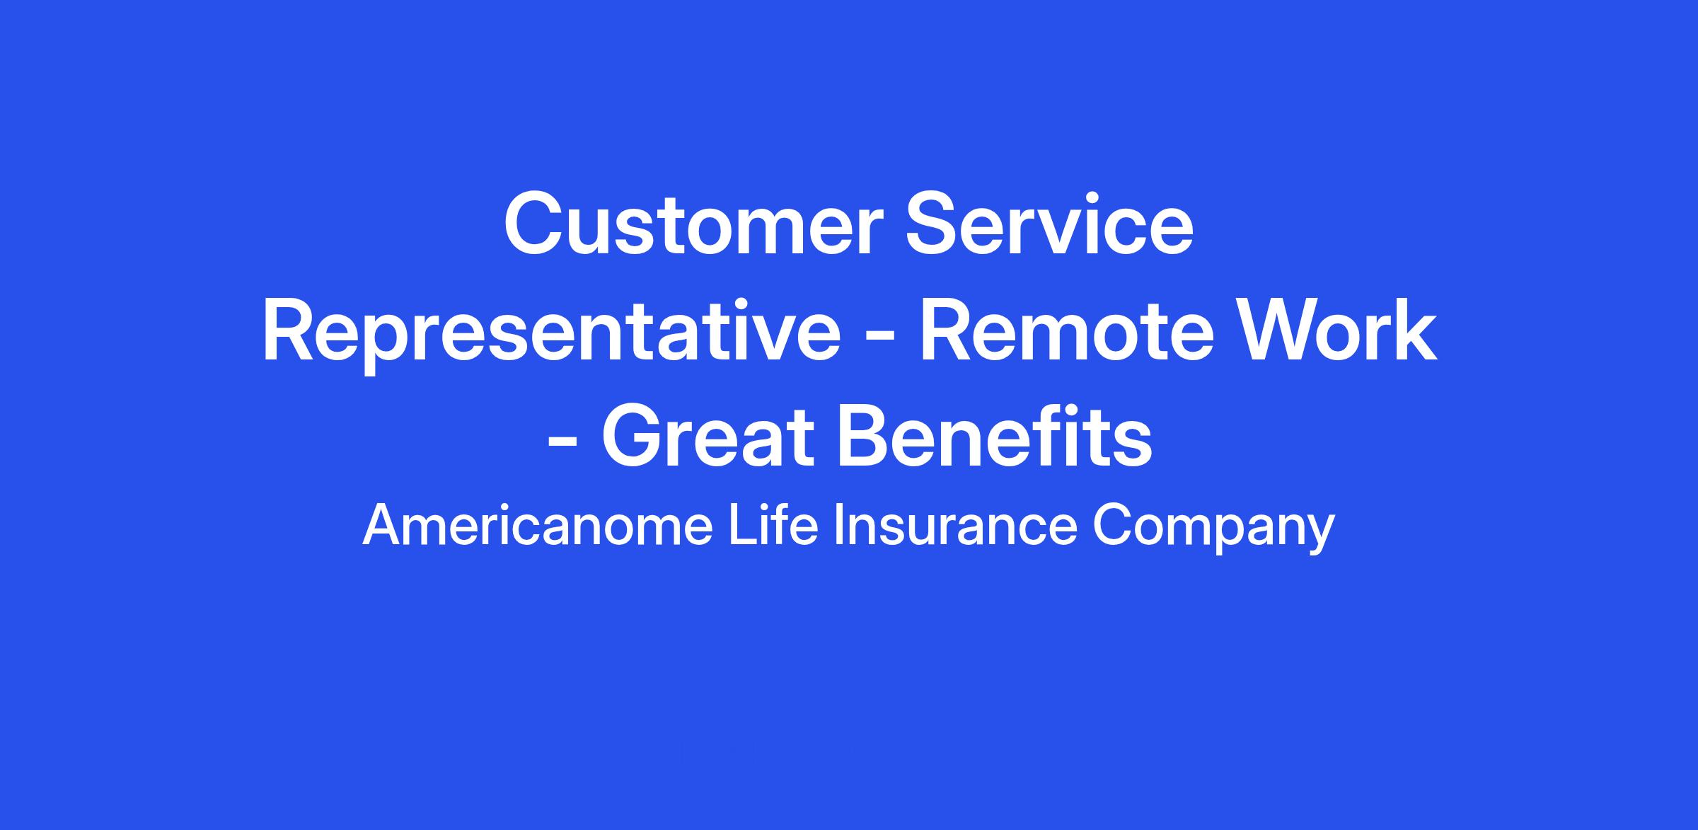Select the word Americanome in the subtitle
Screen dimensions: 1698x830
pos(538,526)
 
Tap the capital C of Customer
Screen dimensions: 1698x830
pos(535,224)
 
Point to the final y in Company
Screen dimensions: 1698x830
pos(1318,536)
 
